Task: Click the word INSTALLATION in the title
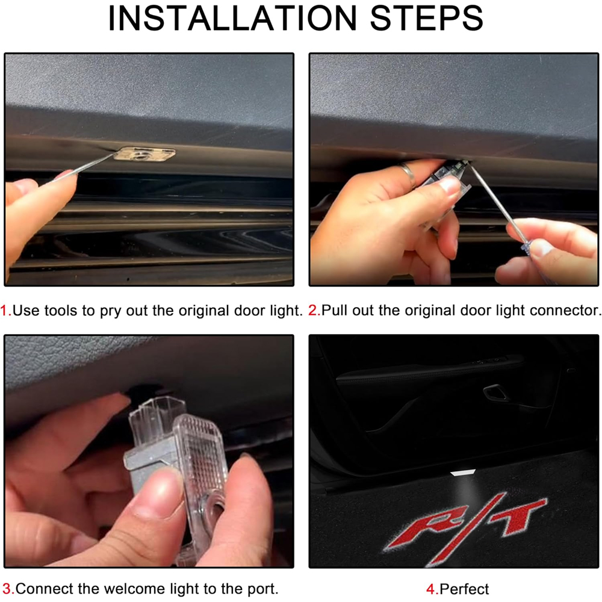point(232,18)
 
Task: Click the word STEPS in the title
point(427,18)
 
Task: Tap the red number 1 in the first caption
point(5,310)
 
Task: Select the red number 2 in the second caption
point(313,310)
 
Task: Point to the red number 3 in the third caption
point(7,588)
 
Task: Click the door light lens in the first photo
point(145,154)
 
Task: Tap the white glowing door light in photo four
point(463,472)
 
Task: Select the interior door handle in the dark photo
point(495,393)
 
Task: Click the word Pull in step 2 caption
point(334,310)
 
